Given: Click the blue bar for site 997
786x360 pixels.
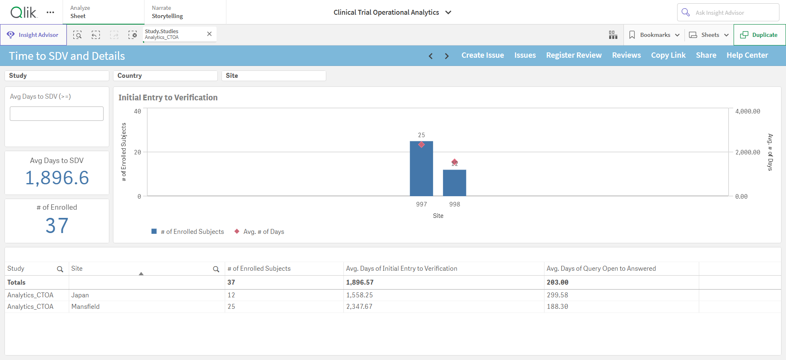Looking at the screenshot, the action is [421, 169].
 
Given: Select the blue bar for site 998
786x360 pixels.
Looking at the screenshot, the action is [454, 183].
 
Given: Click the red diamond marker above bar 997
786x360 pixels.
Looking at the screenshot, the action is [421, 145].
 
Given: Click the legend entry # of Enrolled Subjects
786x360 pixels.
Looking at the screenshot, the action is [188, 232].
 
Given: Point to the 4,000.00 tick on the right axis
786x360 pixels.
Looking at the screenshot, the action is [748, 111].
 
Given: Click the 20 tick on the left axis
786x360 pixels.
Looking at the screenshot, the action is [138, 152].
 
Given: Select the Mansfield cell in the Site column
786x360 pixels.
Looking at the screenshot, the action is [86, 307].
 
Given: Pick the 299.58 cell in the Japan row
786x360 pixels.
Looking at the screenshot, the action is [558, 295].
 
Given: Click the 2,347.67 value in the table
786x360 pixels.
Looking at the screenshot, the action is [359, 307].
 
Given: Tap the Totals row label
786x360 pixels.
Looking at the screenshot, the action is [16, 283].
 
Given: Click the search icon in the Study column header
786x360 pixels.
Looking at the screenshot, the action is [60, 269].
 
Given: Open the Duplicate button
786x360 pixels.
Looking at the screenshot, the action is [759, 35].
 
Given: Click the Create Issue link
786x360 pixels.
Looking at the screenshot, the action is [483, 55].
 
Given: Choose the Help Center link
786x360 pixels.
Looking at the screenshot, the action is [747, 55].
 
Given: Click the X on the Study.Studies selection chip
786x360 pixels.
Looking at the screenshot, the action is [209, 34].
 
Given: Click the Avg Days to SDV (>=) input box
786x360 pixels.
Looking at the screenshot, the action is [56, 113].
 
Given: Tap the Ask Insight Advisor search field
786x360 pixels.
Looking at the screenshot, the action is [728, 13].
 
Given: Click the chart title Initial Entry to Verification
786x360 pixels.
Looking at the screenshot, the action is [168, 97].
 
